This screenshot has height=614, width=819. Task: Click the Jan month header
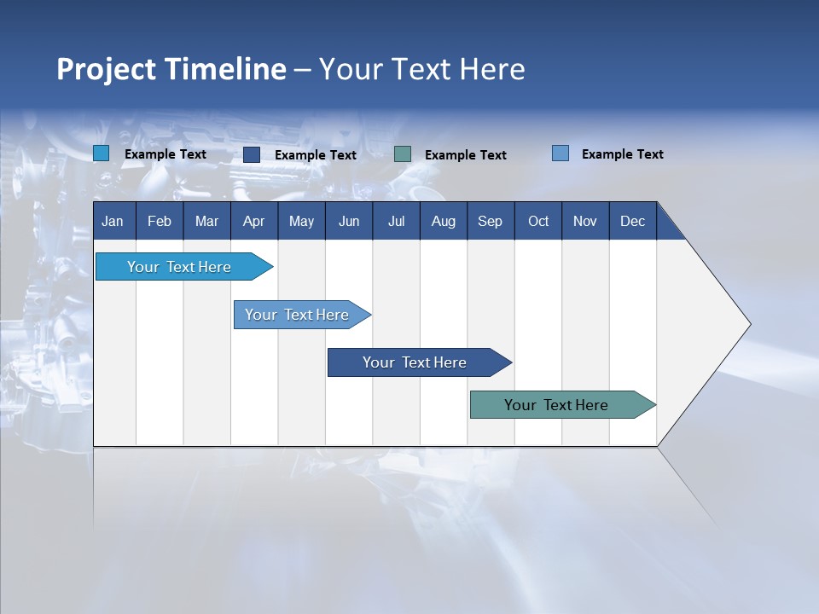tap(113, 221)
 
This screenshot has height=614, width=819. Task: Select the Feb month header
tap(160, 221)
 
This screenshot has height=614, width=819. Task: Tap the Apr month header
tap(253, 221)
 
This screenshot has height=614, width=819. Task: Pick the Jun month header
tap(349, 221)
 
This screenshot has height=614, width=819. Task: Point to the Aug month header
tap(443, 221)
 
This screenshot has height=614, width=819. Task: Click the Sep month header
tap(490, 221)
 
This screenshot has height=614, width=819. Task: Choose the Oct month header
tap(538, 221)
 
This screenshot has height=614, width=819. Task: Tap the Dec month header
tap(632, 221)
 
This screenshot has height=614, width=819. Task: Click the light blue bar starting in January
tap(179, 267)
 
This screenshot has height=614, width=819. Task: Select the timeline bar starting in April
tap(297, 315)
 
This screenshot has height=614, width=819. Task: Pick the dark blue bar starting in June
tap(415, 362)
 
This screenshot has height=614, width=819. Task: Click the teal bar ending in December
tap(556, 405)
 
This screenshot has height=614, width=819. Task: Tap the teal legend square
tap(403, 153)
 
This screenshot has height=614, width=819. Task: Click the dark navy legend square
tap(252, 154)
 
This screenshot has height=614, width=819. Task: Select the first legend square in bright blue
tap(102, 153)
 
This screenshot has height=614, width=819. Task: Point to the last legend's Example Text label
tap(622, 154)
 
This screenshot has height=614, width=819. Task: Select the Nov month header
tap(584, 221)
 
